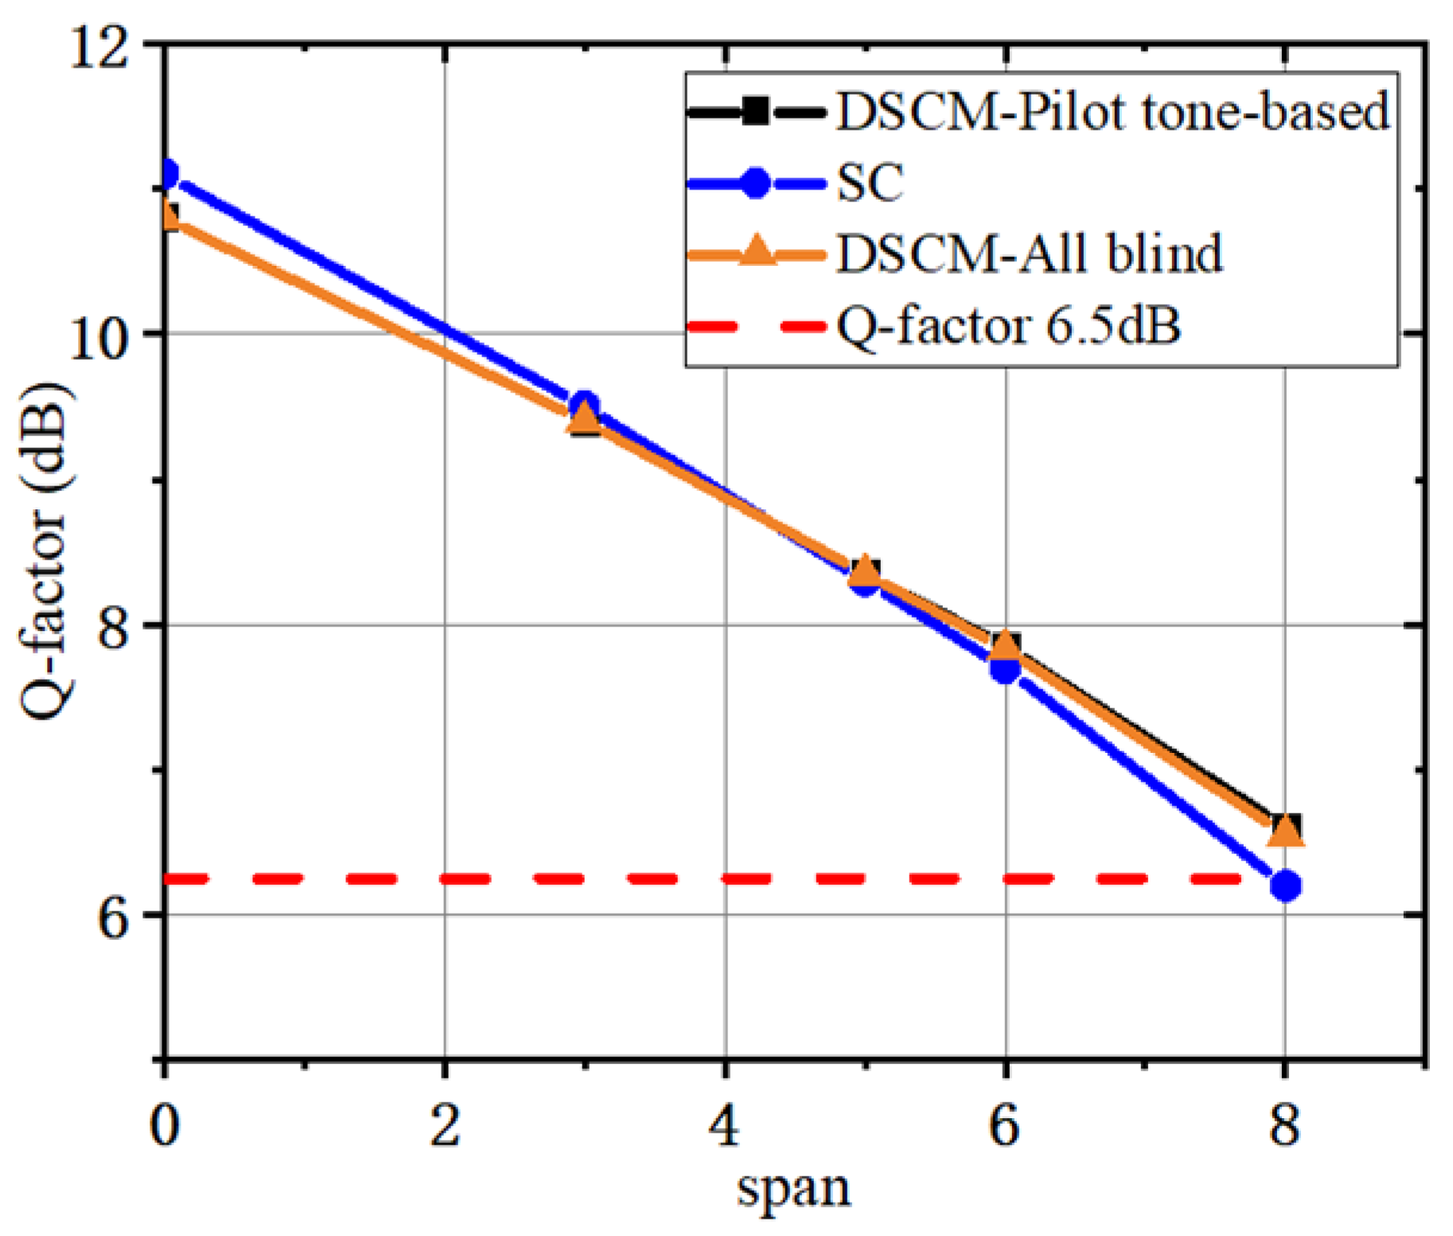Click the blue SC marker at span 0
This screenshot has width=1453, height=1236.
[x=167, y=174]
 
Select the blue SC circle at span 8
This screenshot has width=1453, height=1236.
[x=1285, y=885]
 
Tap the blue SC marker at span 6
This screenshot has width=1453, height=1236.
[x=1005, y=669]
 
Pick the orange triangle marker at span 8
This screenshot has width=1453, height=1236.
[x=1285, y=831]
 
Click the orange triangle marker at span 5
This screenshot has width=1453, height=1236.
[x=866, y=570]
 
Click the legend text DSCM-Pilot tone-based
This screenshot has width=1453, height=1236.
[x=1112, y=111]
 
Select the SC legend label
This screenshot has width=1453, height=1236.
[x=871, y=183]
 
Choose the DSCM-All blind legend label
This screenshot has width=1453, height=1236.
[x=1029, y=255]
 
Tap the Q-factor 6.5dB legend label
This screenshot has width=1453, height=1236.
[x=1008, y=326]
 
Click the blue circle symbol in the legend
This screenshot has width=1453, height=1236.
[x=756, y=184]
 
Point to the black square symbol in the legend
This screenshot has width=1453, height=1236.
[x=756, y=111]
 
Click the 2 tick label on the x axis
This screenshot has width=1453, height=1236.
[x=445, y=1127]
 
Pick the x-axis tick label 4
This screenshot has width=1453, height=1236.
[x=725, y=1127]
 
